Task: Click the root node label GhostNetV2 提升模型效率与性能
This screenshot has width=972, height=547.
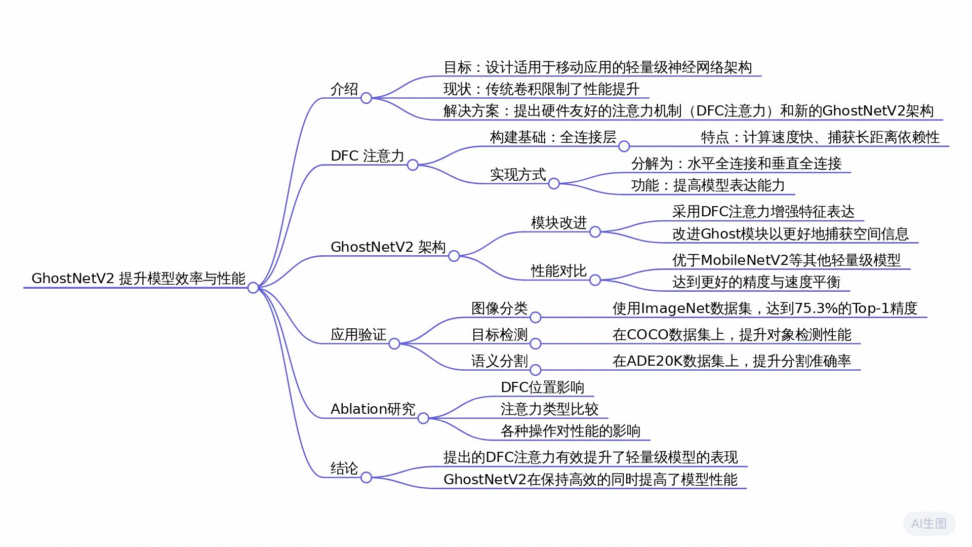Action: tap(138, 278)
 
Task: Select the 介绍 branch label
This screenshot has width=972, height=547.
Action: tap(344, 89)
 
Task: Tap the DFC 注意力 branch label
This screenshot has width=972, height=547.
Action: tap(367, 156)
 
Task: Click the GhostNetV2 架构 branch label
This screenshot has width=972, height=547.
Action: tap(388, 247)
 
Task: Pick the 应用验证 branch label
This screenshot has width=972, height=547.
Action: tap(358, 335)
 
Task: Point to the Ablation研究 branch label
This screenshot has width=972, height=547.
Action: tap(373, 409)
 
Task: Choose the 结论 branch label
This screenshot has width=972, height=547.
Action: tap(344, 468)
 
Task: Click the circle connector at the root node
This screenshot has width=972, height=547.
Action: tap(253, 288)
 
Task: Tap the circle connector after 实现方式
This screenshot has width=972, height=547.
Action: tap(554, 183)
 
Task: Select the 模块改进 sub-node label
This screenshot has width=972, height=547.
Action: tap(559, 223)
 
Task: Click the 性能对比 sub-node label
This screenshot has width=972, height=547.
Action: tap(559, 271)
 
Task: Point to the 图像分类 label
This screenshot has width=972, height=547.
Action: tap(500, 308)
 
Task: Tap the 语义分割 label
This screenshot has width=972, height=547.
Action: tap(500, 361)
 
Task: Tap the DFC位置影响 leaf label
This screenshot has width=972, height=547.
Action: tap(542, 387)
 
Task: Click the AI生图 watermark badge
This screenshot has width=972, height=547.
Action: tap(929, 524)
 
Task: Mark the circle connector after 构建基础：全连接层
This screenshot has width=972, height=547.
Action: tap(624, 146)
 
